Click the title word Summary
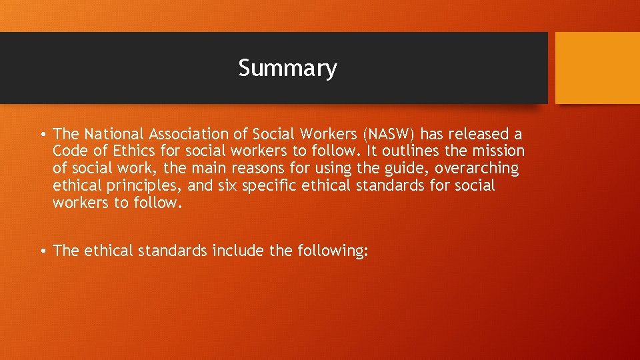click(287, 68)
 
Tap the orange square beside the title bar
click(597, 68)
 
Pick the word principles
click(136, 186)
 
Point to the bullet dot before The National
click(43, 135)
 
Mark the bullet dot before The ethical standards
click(43, 251)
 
